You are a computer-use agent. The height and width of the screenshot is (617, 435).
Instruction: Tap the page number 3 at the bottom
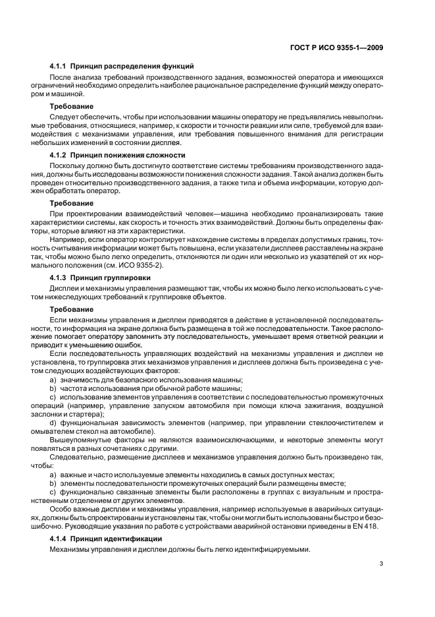point(382,563)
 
